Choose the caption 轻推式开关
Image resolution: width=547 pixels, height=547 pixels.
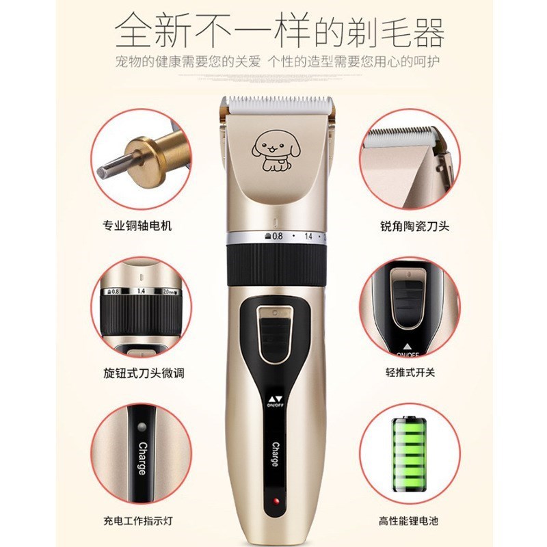[x=410, y=373]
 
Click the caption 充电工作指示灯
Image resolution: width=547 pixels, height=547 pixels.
[x=136, y=522]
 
